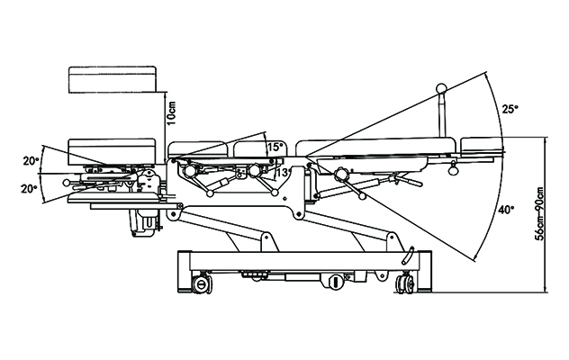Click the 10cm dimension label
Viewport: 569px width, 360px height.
172,112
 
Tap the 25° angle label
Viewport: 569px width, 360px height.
510,109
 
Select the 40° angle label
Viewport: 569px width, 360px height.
506,210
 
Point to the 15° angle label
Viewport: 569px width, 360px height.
275,147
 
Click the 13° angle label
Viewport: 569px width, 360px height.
282,173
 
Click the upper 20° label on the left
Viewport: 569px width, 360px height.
31,161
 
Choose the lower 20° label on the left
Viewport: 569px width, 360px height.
30,188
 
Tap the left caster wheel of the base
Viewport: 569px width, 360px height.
201,284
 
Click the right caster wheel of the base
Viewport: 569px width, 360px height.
405,283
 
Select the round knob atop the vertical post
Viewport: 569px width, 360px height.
442,88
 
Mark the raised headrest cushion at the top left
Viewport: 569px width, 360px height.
113,79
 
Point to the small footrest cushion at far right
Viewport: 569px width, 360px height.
482,144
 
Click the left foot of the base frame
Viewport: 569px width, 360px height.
184,272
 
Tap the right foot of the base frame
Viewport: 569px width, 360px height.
425,272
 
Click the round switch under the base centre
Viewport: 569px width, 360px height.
337,282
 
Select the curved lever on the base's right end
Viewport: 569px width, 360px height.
408,256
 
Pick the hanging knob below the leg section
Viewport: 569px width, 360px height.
454,168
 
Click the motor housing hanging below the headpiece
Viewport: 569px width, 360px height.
144,222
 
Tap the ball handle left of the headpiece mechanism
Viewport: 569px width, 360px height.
66,182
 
